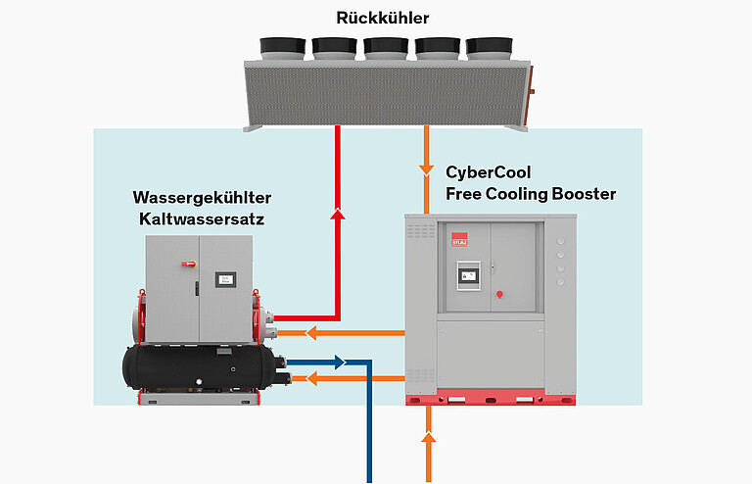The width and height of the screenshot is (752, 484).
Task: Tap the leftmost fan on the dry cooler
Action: [x=283, y=46]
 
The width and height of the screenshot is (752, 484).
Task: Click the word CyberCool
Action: [x=489, y=172]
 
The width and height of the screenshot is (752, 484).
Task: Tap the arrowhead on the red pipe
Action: [x=338, y=212]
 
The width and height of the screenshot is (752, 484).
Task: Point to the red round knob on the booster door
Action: [x=500, y=292]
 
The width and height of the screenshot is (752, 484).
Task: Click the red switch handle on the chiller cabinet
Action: [x=183, y=263]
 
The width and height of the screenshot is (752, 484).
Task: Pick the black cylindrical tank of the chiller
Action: [x=196, y=367]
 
